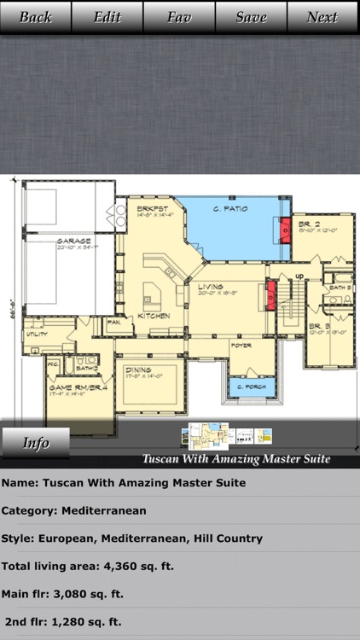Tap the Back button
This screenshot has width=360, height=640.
pos(36,17)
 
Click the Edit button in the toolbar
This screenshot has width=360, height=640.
pos(107,17)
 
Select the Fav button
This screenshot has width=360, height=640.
pos(179,17)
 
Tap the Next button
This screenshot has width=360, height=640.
pos(322,17)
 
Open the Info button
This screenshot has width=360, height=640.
pos(36,443)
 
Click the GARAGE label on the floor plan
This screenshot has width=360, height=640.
pos(74,241)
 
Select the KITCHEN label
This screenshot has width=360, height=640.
pos(154,316)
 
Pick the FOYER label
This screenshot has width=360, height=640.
pos(241,345)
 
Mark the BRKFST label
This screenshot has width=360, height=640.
pos(150,208)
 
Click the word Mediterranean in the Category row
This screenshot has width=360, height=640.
pos(109,510)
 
